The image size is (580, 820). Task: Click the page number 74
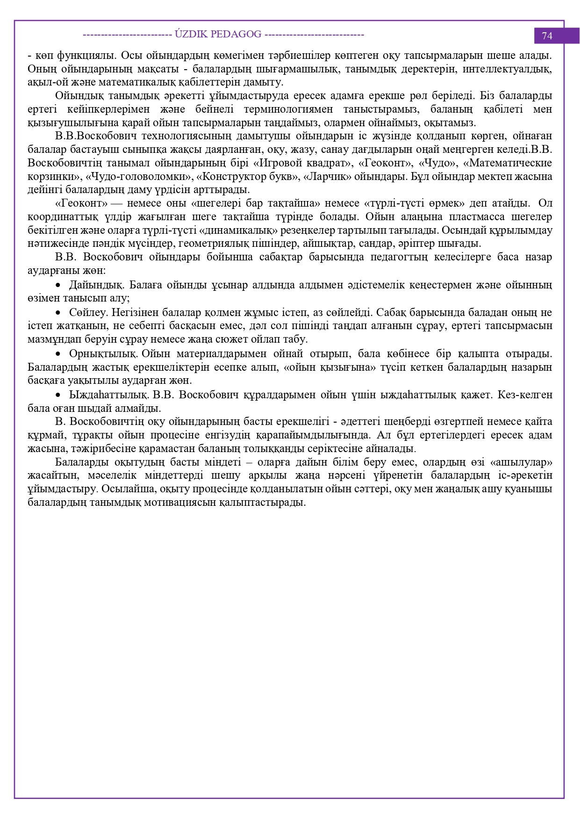(547, 36)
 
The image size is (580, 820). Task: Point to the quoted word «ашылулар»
(522, 462)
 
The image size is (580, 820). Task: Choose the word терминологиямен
(288, 109)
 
